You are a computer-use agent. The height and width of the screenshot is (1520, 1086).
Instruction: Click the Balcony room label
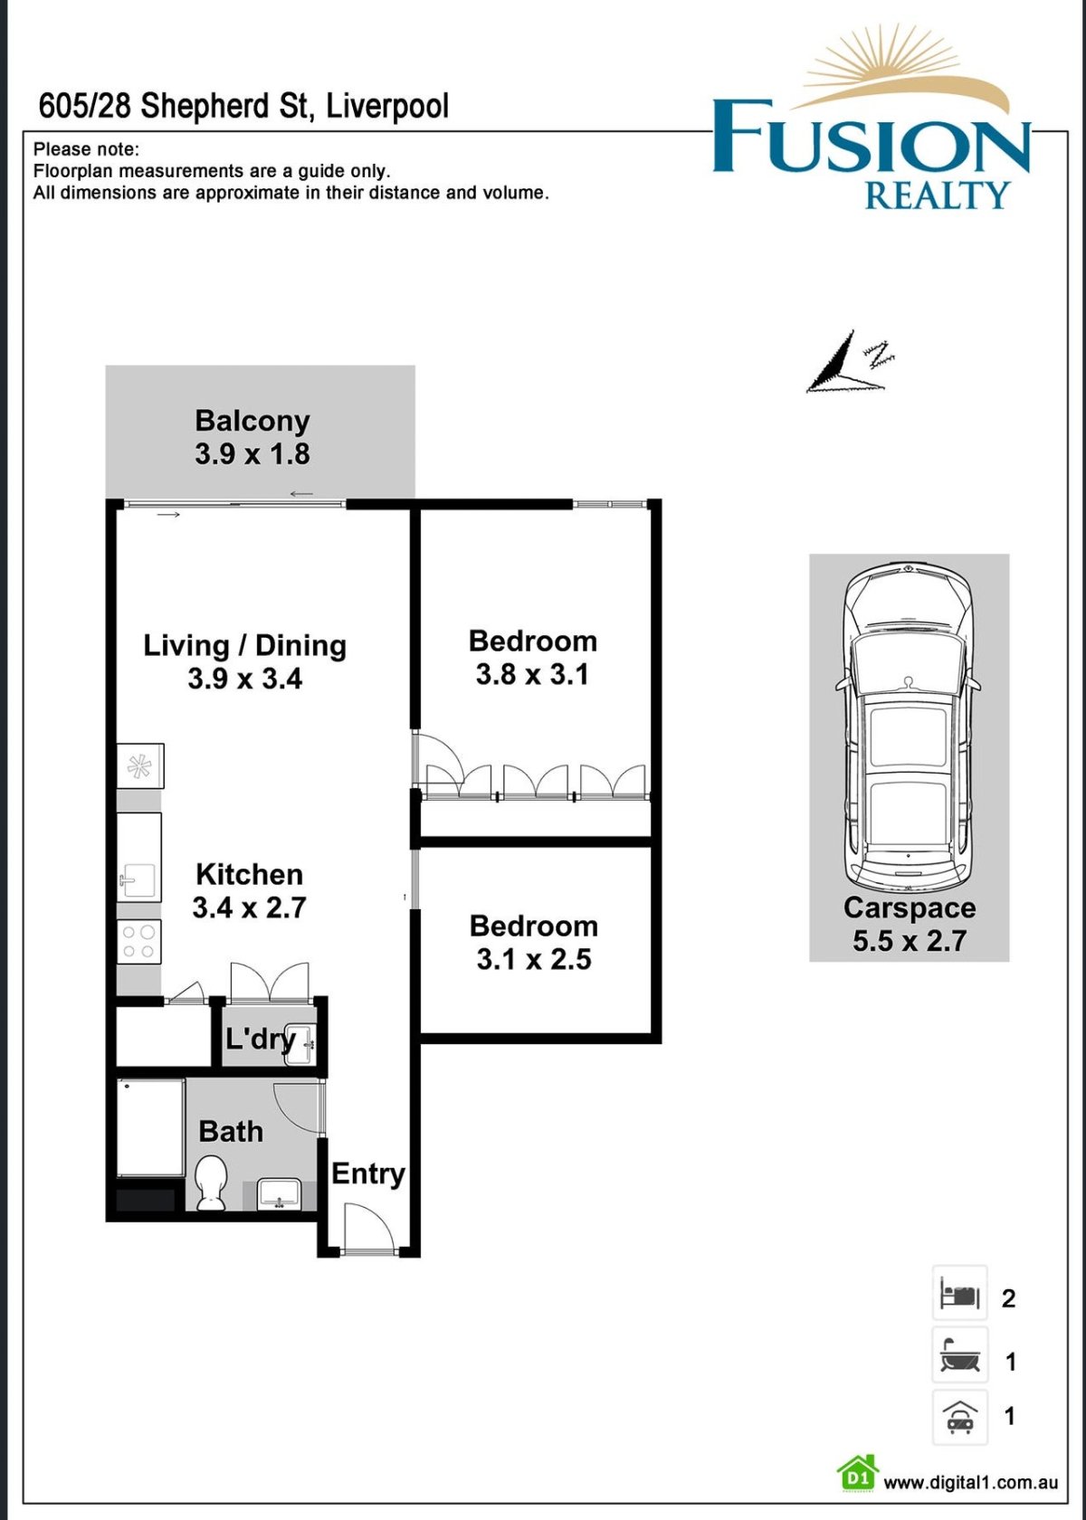(252, 421)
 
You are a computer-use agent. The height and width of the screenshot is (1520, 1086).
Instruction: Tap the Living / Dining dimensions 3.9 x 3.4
(244, 679)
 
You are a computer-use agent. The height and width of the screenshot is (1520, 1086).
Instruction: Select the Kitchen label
(249, 874)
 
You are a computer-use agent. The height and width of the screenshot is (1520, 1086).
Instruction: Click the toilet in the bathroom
(211, 1182)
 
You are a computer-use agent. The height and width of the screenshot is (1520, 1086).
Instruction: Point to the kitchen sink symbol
(138, 879)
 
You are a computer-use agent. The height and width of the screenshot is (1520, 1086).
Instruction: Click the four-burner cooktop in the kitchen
(138, 941)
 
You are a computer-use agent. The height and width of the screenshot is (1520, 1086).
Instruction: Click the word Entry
(367, 1173)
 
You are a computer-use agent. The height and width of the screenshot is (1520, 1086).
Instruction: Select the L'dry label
(260, 1039)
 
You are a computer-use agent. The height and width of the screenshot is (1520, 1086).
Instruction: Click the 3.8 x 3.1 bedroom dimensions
(532, 674)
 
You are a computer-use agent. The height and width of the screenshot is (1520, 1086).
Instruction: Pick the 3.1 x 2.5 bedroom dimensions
(534, 959)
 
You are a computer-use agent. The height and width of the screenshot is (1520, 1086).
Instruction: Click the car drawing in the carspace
(908, 724)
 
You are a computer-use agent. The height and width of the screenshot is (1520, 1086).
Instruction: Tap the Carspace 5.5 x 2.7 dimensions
(910, 941)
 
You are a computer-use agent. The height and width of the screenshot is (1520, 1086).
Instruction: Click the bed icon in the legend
(959, 1295)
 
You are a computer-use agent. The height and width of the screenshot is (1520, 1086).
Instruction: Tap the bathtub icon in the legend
(959, 1355)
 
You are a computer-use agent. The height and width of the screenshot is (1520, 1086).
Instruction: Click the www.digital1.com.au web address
(970, 1482)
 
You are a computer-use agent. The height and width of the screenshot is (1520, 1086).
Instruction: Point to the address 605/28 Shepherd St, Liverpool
(243, 106)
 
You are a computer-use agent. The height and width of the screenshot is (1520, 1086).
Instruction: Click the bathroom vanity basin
(279, 1193)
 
